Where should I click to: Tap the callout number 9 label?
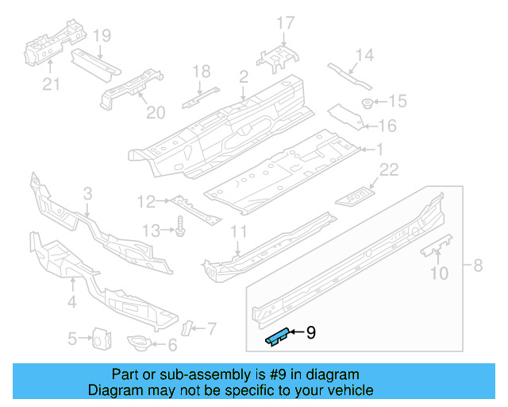(x=310, y=333)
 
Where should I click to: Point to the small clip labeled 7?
(x=189, y=328)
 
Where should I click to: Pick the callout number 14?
(x=364, y=55)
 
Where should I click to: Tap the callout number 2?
(x=243, y=76)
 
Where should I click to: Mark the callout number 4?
(x=71, y=301)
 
